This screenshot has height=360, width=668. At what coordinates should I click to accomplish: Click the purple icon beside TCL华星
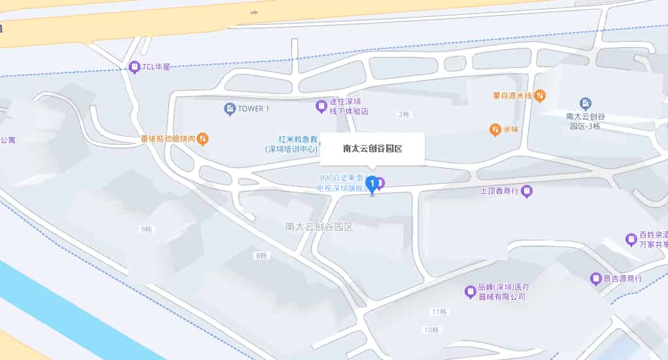click(x=135, y=67)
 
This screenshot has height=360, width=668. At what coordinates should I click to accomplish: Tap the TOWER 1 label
click(x=254, y=108)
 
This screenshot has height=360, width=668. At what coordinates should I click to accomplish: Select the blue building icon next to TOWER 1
click(x=229, y=108)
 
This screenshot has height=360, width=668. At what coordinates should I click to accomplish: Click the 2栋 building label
click(x=403, y=114)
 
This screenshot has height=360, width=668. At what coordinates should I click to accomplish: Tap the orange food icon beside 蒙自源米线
click(x=540, y=96)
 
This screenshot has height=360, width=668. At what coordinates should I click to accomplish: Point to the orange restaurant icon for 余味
click(x=495, y=129)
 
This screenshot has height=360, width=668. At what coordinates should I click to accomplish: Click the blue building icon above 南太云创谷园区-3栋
click(x=585, y=103)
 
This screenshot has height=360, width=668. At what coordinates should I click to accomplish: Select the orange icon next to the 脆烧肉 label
click(x=203, y=139)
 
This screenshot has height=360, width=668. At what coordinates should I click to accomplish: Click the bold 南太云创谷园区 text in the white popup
click(x=373, y=148)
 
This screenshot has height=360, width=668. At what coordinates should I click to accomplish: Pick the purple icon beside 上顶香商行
click(x=527, y=191)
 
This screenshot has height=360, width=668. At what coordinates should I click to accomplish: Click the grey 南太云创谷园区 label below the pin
click(x=319, y=227)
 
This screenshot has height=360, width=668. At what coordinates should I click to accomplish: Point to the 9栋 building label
click(x=146, y=229)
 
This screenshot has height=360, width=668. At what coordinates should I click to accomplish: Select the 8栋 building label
click(x=261, y=255)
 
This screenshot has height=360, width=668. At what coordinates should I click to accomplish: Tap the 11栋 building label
click(x=439, y=310)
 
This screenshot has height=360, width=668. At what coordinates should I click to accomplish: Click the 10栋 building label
click(x=431, y=330)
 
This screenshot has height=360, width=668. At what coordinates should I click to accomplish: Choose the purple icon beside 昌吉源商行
click(x=595, y=279)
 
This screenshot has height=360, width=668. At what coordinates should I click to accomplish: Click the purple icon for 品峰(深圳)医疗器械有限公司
click(x=469, y=292)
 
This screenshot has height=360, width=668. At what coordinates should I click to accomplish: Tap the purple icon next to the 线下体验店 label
click(x=321, y=106)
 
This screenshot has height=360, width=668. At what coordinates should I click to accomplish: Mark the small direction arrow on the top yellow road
click(x=254, y=12)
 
